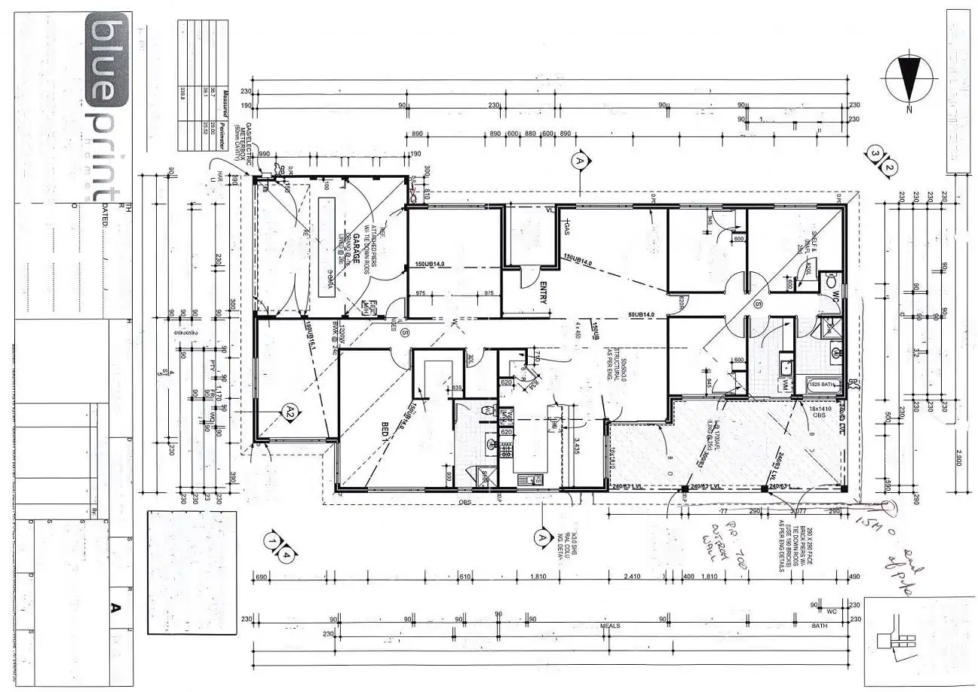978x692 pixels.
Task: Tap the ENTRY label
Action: [x=543, y=292]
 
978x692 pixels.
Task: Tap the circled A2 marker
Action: [x=290, y=411]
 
